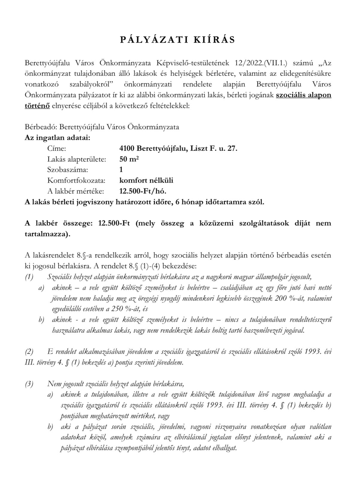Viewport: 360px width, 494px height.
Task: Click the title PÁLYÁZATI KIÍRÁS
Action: click(x=177, y=40)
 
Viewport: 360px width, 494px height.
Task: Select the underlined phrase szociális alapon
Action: click(x=303, y=95)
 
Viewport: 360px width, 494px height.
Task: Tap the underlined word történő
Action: click(x=37, y=105)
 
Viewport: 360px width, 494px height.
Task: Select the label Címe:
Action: click(x=57, y=148)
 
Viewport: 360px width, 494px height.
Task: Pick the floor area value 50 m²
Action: click(x=129, y=159)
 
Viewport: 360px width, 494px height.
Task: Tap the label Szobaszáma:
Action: click(x=68, y=170)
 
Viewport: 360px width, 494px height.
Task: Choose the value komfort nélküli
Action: click(x=146, y=180)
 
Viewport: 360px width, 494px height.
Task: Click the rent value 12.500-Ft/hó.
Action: click(x=143, y=191)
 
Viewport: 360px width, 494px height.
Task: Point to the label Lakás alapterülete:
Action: click(x=77, y=159)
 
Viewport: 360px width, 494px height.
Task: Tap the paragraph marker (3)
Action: click(x=29, y=384)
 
